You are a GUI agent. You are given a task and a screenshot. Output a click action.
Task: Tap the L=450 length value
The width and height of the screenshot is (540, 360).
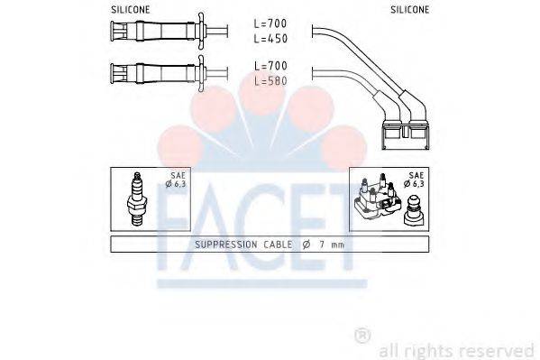pos(270,39)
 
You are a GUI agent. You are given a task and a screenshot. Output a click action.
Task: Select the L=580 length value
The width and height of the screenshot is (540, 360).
pos(270,80)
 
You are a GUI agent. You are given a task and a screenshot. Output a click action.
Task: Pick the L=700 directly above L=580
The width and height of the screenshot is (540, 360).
pos(270,67)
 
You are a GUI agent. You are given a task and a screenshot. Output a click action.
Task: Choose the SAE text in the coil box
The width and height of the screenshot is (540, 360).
pos(416,176)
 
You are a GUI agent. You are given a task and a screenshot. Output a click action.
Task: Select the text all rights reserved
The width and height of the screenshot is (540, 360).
pos(456,350)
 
